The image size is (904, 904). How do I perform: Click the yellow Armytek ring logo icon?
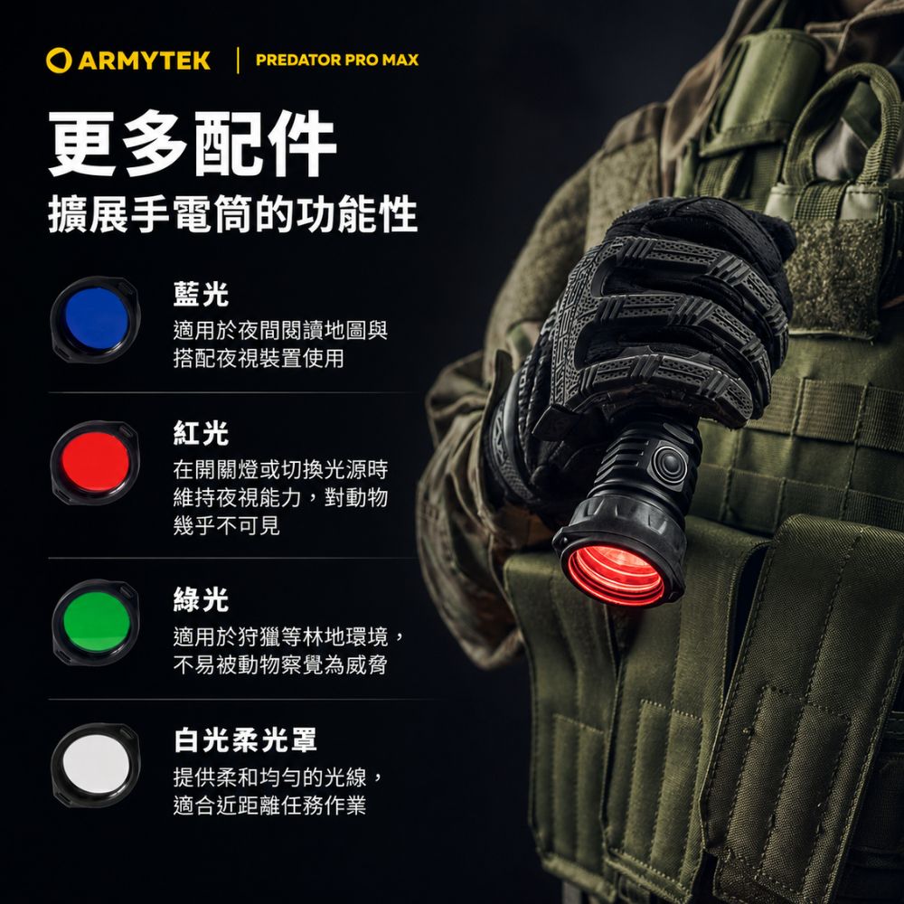click(x=59, y=61)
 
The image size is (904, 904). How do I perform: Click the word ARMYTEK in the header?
click(x=144, y=61)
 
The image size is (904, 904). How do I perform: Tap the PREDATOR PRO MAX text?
click(x=337, y=60)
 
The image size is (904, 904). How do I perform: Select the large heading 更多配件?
click(x=192, y=144)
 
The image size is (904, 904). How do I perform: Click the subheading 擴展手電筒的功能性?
click(x=233, y=214)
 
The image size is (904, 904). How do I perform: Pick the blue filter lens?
click(x=95, y=319)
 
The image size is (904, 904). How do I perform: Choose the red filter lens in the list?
click(x=95, y=463)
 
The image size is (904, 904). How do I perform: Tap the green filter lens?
click(x=96, y=622)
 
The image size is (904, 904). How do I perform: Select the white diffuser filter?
click(x=96, y=765)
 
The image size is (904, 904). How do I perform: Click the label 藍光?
click(x=201, y=294)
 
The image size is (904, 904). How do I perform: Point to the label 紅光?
click(x=201, y=433)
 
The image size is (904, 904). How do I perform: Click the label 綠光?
click(x=201, y=599)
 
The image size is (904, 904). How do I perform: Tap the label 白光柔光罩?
click(x=245, y=739)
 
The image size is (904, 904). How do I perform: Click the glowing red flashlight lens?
click(x=616, y=575)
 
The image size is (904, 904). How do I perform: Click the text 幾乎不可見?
click(x=227, y=525)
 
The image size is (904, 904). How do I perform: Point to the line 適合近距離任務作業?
click(x=269, y=805)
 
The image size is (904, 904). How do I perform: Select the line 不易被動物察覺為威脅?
click(x=280, y=664)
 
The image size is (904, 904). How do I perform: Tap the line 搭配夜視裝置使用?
click(x=259, y=358)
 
